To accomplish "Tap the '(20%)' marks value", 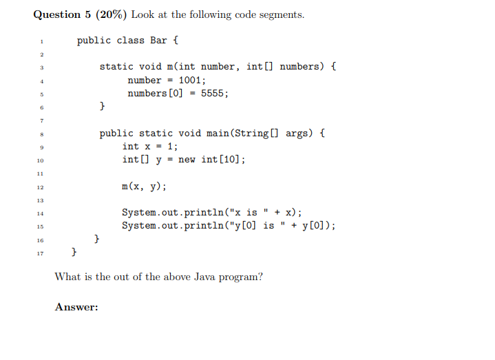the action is click(115, 14).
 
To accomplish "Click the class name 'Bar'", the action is click(158, 41).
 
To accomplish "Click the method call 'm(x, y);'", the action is click(144, 187).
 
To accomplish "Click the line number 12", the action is click(41, 187).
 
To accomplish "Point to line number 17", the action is click(41, 253).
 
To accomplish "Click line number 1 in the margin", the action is click(41, 41).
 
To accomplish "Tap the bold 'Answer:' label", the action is click(76, 308).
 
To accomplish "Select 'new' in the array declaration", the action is click(187, 160).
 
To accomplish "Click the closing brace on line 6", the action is click(103, 107).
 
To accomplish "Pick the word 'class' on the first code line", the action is click(130, 41).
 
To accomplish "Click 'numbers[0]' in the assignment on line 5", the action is click(156, 94).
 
